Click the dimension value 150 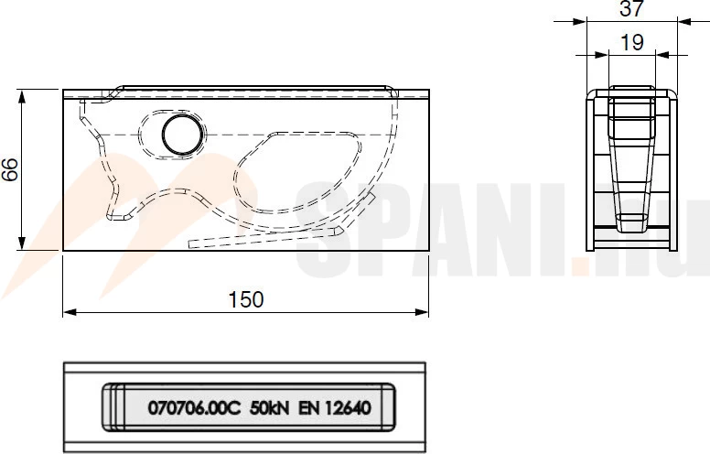(246, 300)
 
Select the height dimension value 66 (10, 169)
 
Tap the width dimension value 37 (631, 8)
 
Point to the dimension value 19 (631, 43)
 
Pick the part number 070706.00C (194, 408)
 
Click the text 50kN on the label (269, 408)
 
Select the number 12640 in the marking (349, 408)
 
